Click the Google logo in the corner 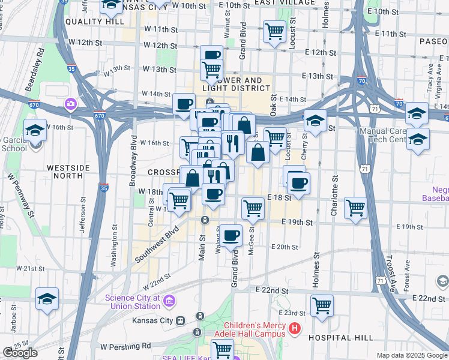pos(20,353)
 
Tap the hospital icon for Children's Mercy pos(295,329)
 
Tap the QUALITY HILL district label pos(91,21)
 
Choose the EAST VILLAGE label pos(284,3)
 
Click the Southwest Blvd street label pos(158,243)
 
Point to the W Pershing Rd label pos(125,347)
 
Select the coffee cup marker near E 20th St pos(231,235)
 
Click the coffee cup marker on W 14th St pos(184,103)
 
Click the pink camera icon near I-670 pos(71,104)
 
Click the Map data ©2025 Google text pos(411,355)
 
